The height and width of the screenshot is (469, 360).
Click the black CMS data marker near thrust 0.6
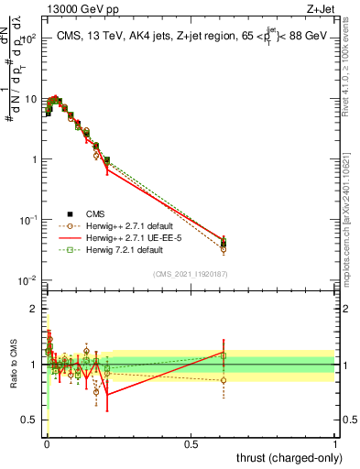pyautogui.click(x=224, y=244)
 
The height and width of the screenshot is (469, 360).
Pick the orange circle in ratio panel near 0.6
pyautogui.click(x=224, y=380)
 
